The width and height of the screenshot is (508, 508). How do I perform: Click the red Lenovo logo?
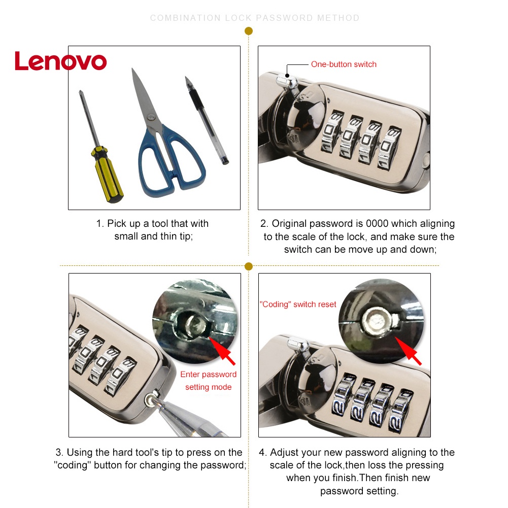tap(60, 61)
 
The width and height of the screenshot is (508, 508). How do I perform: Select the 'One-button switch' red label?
tap(344, 64)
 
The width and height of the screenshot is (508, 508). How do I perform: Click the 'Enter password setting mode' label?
tap(208, 381)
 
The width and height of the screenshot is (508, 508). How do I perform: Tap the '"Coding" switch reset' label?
tap(298, 304)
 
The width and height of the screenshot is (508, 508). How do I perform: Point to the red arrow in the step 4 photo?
tap(408, 351)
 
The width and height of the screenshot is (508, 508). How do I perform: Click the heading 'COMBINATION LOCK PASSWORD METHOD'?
tap(255, 18)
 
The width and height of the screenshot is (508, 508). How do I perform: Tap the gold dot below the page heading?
tap(249, 31)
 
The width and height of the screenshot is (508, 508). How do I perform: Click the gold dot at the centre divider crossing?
tap(249, 266)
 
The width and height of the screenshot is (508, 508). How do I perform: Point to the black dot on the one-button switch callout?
tap(287, 76)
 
